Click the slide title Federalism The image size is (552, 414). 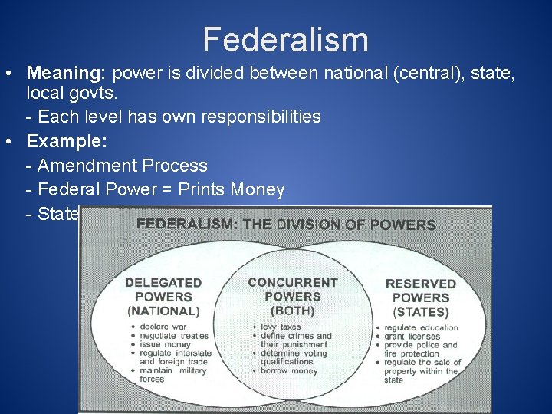(x=285, y=40)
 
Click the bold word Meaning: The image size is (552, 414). (x=67, y=74)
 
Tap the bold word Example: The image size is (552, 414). (x=67, y=141)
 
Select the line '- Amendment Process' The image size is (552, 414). (x=117, y=166)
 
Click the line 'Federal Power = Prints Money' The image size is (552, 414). (x=160, y=189)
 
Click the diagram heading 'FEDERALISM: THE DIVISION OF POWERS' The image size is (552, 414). (x=285, y=225)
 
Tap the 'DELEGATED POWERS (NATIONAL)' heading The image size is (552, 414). (x=163, y=297)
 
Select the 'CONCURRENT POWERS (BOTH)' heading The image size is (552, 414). (x=293, y=296)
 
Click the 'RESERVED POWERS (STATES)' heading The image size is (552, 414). (x=420, y=297)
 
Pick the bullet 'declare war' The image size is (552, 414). (x=163, y=327)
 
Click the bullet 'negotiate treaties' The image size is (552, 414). (x=173, y=336)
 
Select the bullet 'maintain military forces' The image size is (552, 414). (x=173, y=374)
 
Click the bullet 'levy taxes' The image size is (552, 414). (x=280, y=327)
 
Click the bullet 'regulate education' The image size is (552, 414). (x=421, y=328)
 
